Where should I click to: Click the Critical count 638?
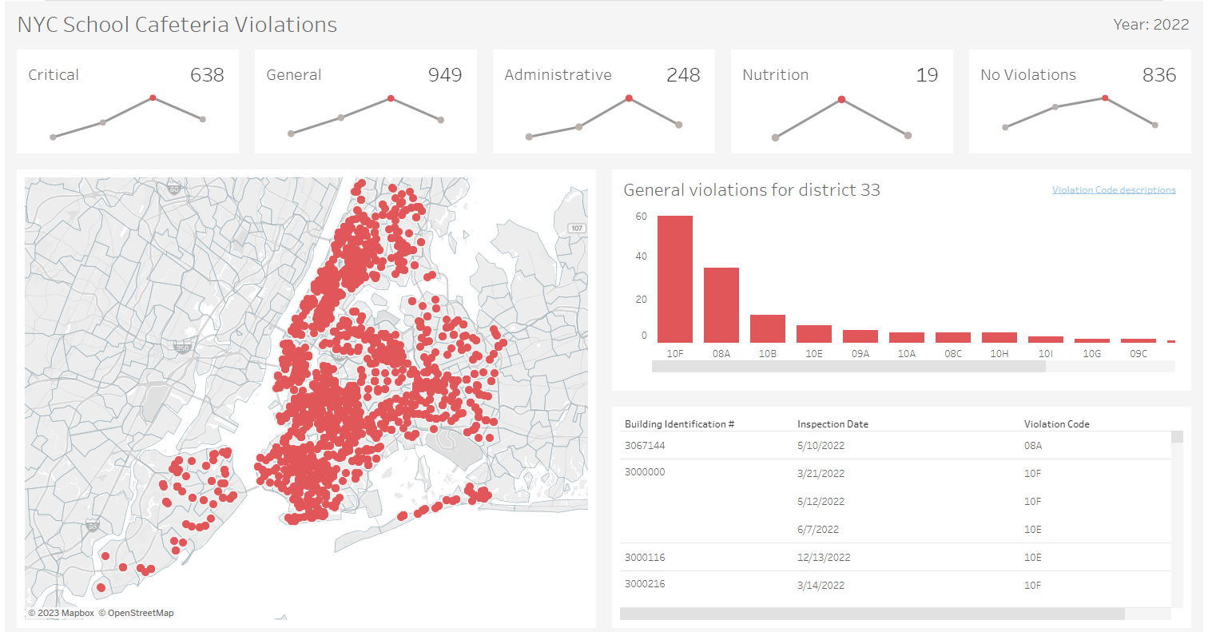[207, 75]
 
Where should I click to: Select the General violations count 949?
[445, 75]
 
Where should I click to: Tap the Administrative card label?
[558, 75]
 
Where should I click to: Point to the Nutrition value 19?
[927, 75]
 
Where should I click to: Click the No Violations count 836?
[1159, 75]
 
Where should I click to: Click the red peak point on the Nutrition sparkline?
[841, 100]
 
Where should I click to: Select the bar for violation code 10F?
[675, 279]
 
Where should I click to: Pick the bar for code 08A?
[721, 304]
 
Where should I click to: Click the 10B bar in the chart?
[768, 328]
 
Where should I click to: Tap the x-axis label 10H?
[999, 353]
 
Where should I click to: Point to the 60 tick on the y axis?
[642, 217]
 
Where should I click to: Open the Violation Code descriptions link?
[1114, 190]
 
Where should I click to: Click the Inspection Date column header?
[833, 424]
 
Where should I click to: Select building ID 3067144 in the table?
[645, 446]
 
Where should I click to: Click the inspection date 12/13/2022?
[824, 558]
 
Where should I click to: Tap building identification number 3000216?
[645, 584]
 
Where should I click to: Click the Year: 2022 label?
[1151, 25]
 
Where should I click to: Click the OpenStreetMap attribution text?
[141, 614]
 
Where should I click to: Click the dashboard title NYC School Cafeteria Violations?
[177, 25]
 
